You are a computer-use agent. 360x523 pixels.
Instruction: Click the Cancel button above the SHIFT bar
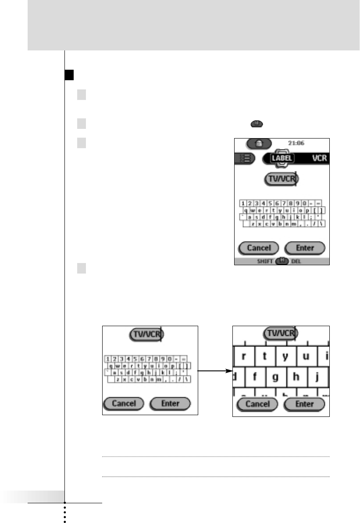(259, 248)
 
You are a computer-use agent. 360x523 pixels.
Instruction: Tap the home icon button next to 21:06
(259, 143)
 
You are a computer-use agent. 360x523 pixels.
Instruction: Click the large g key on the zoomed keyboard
(275, 376)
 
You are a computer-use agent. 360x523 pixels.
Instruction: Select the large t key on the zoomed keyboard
(265, 356)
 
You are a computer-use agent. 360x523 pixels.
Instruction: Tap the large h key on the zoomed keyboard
(296, 376)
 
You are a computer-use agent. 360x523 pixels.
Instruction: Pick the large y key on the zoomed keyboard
(285, 356)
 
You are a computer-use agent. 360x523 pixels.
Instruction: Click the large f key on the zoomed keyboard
(254, 376)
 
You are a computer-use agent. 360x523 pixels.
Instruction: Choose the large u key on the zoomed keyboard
(307, 356)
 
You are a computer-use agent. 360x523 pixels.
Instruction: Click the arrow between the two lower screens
(215, 371)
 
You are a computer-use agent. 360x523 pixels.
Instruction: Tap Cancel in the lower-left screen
(124, 404)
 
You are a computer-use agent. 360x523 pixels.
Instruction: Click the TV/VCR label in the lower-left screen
(146, 334)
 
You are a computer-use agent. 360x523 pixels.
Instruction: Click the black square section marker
(68, 75)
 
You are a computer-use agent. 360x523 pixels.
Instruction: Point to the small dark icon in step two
(257, 125)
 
